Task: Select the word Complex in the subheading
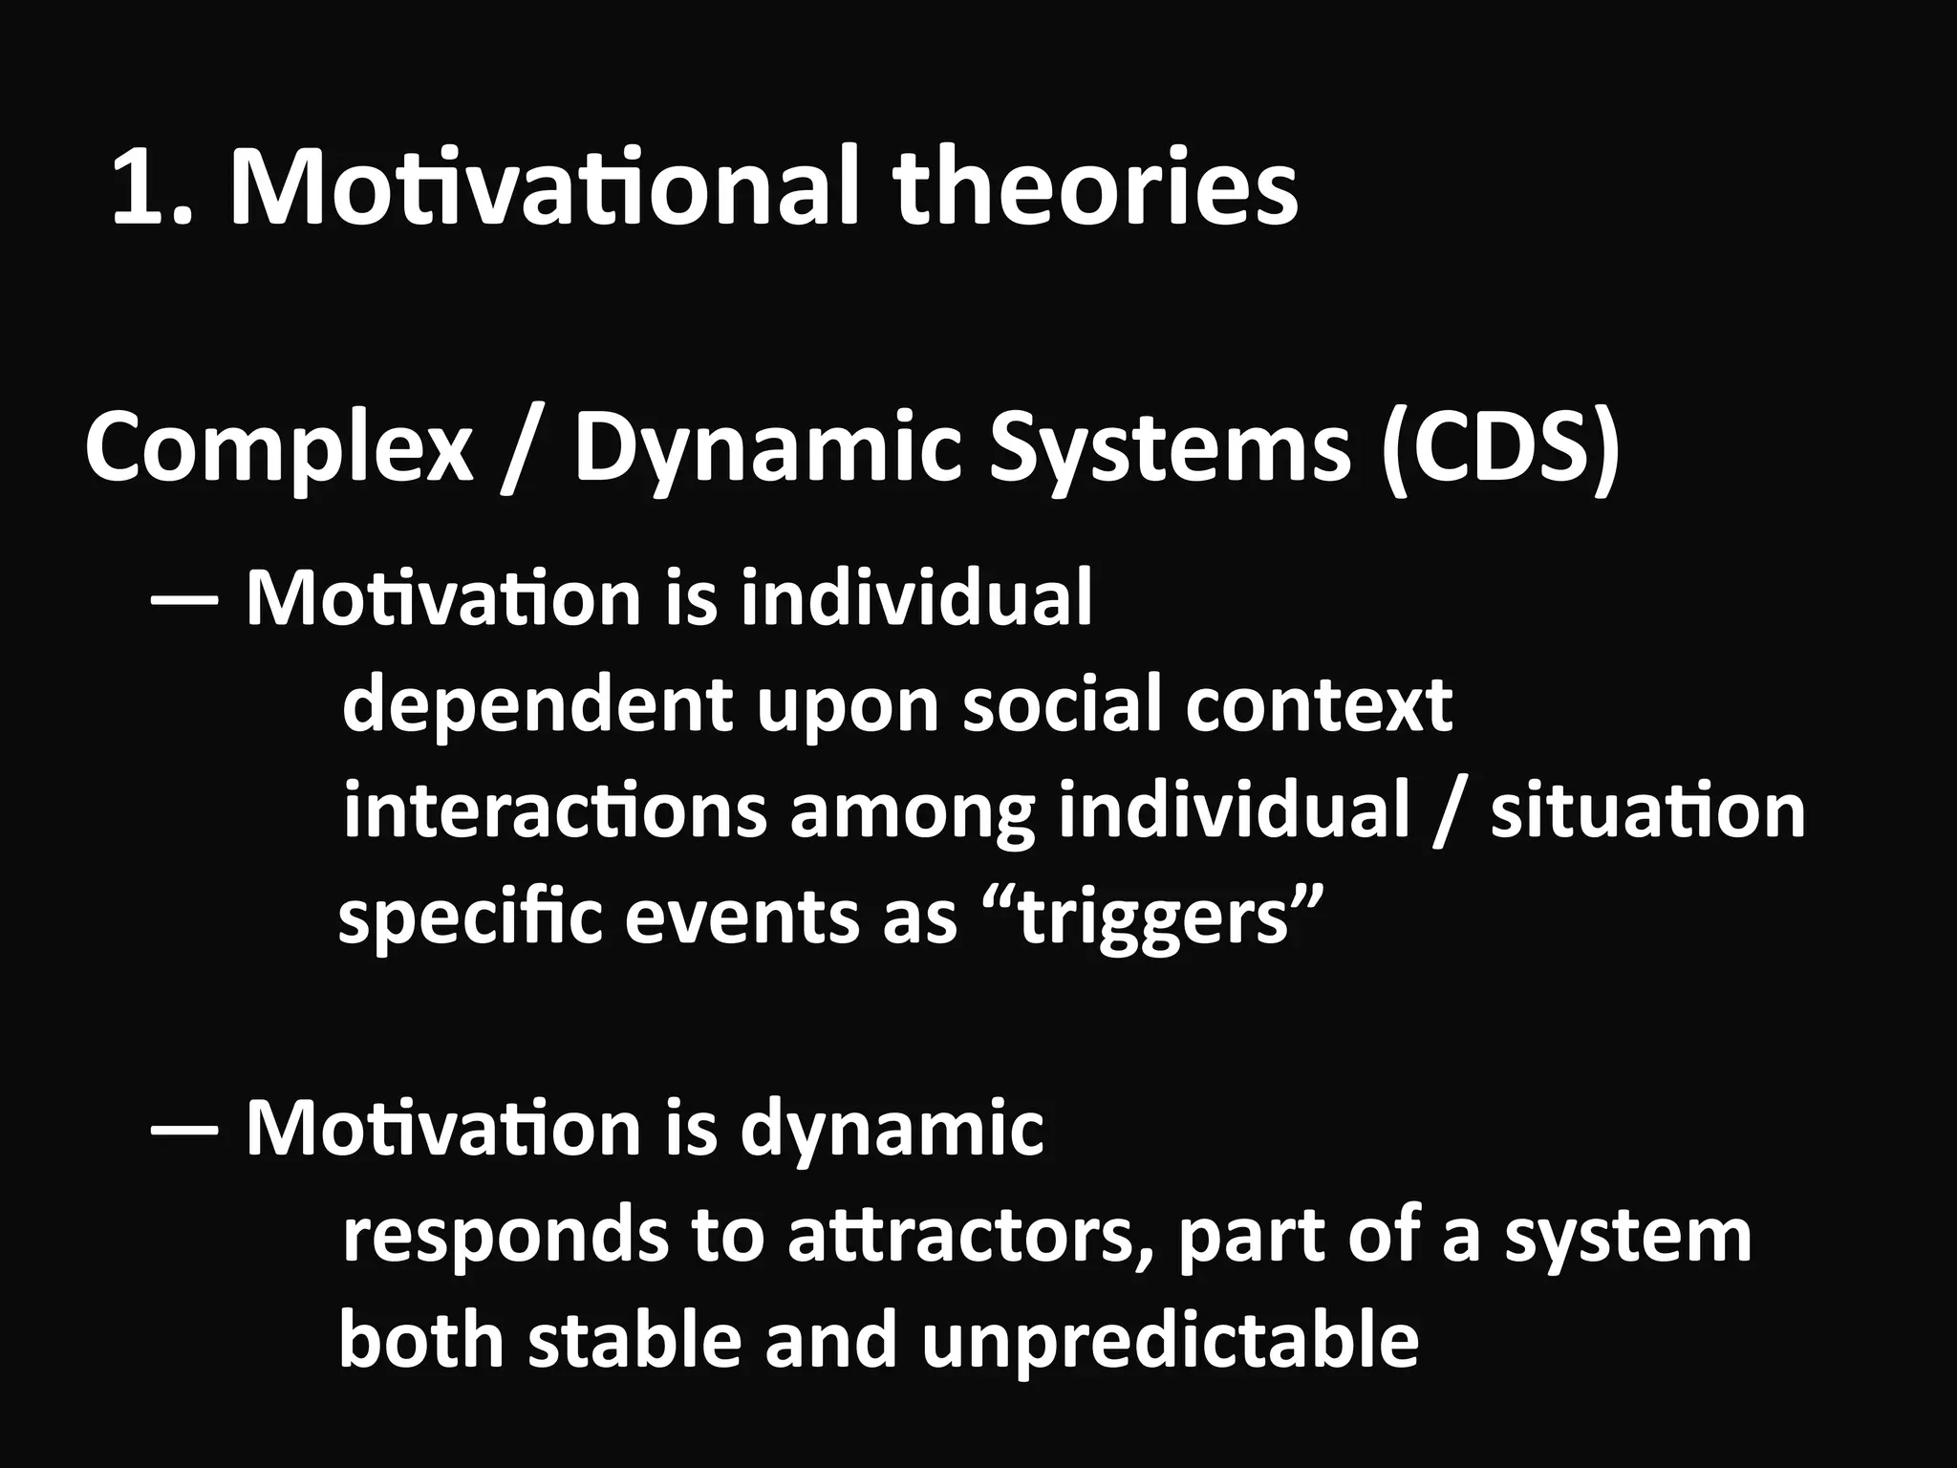pos(278,449)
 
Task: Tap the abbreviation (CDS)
pos(1498,449)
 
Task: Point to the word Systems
pos(1170,449)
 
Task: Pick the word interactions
pos(554,811)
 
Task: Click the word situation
pos(1647,811)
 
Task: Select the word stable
pos(634,1340)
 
